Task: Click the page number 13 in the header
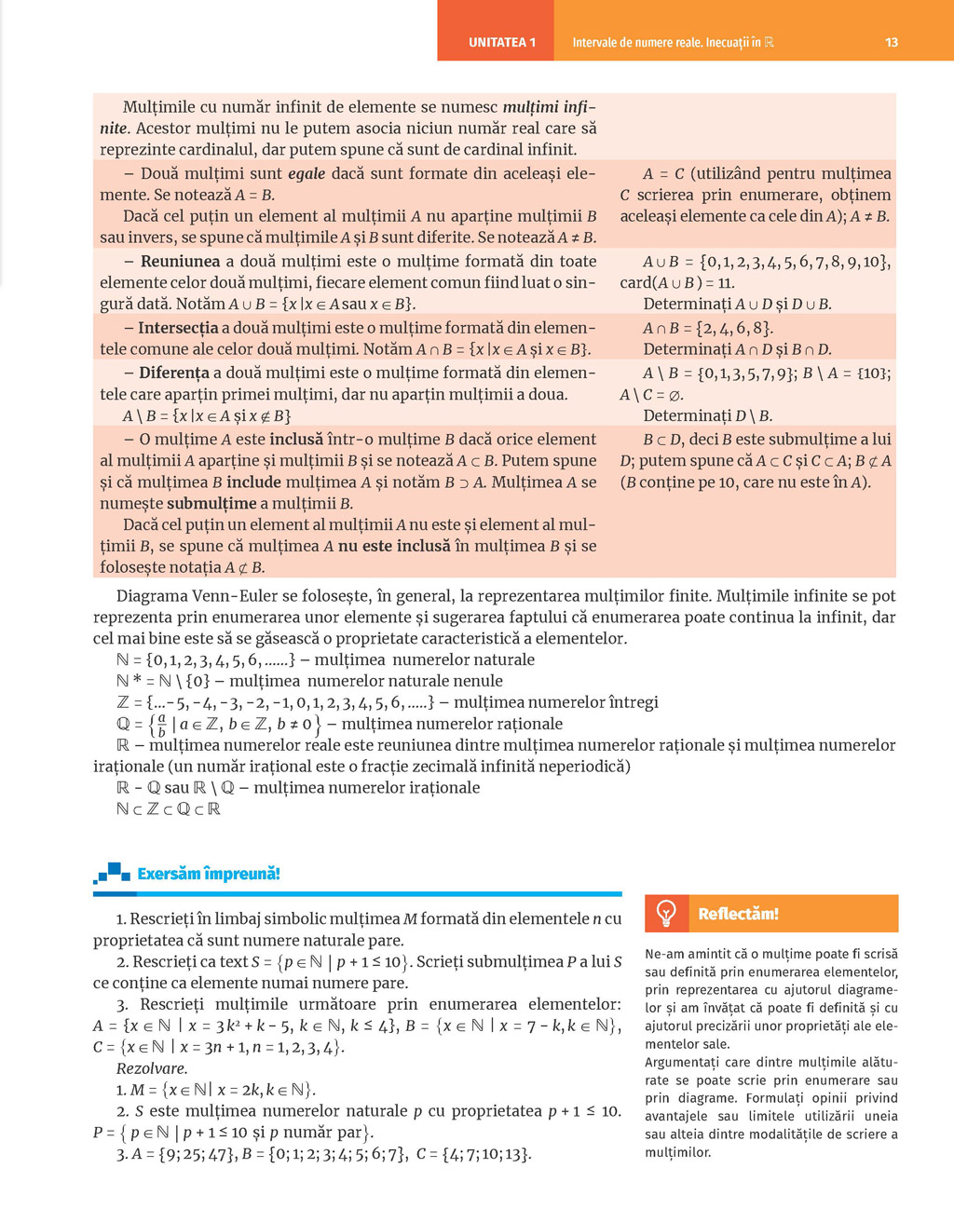click(x=892, y=43)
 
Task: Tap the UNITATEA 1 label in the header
click(x=502, y=43)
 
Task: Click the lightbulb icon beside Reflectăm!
click(x=666, y=914)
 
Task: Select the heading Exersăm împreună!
click(x=208, y=874)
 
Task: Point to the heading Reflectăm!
click(x=738, y=914)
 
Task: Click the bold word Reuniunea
click(x=180, y=262)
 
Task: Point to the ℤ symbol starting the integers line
click(x=124, y=702)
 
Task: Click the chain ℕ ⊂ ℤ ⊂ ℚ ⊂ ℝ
click(x=169, y=808)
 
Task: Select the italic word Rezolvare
click(x=152, y=1068)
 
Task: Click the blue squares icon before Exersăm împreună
click(x=112, y=873)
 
